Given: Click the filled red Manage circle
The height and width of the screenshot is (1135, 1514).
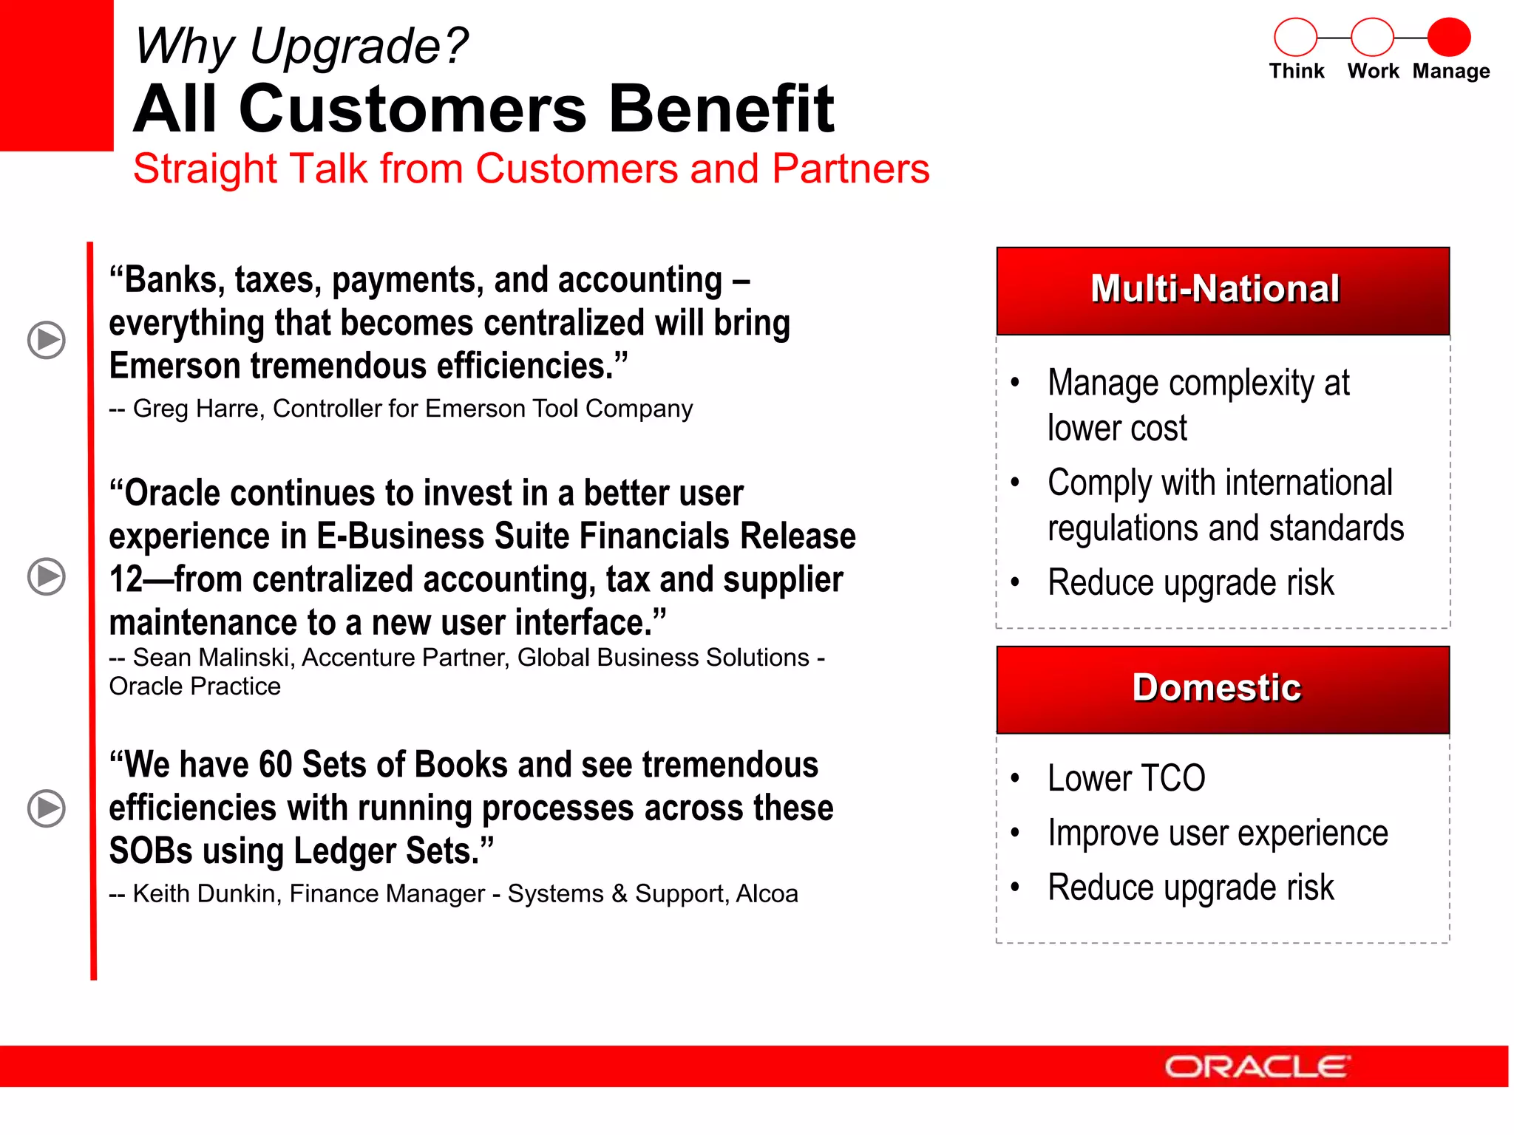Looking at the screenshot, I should tap(1448, 37).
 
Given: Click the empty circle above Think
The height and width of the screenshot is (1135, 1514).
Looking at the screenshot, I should tap(1295, 37).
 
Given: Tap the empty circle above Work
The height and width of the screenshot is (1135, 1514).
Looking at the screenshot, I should tap(1372, 37).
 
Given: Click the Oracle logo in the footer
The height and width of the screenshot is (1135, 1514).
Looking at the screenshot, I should tap(1257, 1067).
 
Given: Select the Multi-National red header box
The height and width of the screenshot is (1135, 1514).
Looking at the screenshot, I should tap(1223, 290).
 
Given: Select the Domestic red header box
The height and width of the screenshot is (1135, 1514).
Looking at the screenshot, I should tap(1223, 689).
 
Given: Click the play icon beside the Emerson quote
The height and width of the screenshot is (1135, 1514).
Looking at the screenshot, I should tap(47, 340).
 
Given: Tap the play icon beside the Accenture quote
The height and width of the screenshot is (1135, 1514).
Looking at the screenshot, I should tap(47, 576).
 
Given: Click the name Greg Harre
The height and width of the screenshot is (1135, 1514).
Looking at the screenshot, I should tap(196, 409).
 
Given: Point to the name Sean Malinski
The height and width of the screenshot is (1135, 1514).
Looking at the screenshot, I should tap(214, 658).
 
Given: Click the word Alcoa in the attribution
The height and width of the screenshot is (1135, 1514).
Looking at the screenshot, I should tap(767, 894).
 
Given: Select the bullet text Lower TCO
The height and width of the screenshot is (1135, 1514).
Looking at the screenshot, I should tap(1126, 779).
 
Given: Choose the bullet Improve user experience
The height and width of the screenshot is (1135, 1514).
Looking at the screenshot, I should tap(1218, 834).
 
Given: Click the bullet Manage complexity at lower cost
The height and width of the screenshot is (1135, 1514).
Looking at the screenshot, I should tap(1198, 405).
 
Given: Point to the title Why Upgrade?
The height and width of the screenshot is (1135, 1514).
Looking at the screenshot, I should tap(301, 46).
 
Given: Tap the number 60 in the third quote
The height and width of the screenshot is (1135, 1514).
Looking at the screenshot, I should tap(276, 765).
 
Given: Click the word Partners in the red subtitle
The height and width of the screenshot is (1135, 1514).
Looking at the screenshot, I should tap(850, 168).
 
